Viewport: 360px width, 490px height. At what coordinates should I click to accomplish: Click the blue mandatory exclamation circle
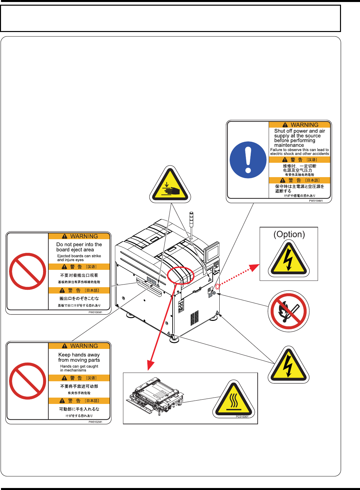coord(248,160)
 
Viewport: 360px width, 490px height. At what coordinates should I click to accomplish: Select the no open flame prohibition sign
coord(289,311)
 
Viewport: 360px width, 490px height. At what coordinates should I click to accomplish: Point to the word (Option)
coord(289,234)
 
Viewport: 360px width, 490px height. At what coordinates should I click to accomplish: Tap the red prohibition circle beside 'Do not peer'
coord(28,271)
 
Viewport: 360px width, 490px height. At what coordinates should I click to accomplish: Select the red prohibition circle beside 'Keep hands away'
coord(28,381)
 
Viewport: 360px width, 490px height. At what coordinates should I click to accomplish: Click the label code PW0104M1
coord(316,201)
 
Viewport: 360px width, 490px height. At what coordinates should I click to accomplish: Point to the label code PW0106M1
coord(95,312)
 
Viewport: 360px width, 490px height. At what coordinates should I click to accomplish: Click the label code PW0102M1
coord(95,422)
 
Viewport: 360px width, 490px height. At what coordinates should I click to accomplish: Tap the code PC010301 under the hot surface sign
coord(242,417)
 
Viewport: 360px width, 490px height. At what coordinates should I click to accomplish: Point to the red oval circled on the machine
coord(180,276)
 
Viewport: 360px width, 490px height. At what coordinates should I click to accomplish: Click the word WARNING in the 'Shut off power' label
coord(304,125)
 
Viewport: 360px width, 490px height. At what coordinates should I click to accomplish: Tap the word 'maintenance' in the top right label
coord(289,145)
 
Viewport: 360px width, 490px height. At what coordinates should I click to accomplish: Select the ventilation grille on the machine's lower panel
coord(195,318)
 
